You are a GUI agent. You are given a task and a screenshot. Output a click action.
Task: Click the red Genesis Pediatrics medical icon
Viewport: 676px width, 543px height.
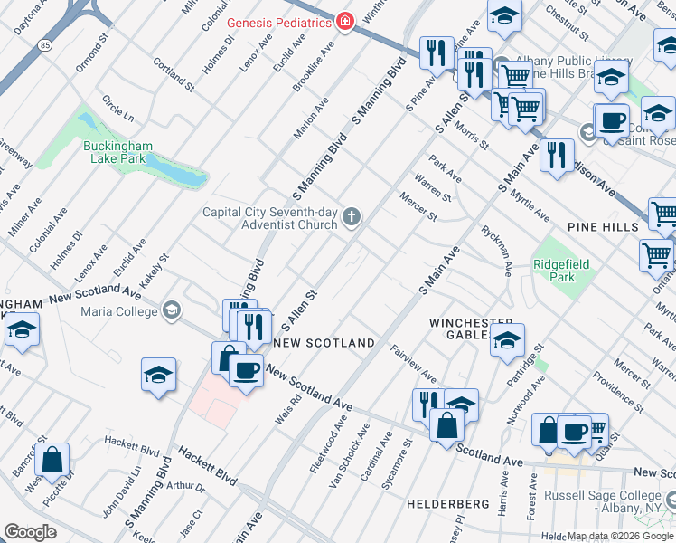click(343, 22)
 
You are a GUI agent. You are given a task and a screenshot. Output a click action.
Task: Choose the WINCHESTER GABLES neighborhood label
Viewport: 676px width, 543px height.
click(470, 329)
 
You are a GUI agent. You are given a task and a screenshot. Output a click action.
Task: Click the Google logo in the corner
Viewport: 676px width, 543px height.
click(30, 531)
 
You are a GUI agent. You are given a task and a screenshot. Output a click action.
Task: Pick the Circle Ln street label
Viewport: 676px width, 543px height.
click(117, 109)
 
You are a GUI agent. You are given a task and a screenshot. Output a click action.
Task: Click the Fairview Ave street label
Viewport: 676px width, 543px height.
click(413, 362)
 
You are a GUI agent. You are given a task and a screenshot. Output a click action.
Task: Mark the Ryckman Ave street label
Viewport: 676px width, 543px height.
click(498, 250)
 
